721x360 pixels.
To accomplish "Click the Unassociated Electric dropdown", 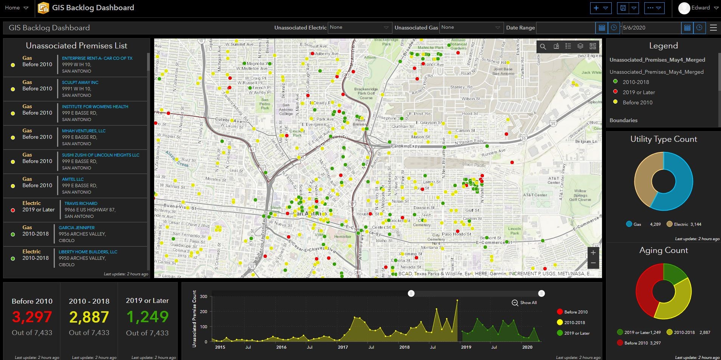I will (359, 28).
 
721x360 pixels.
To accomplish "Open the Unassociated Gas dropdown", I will (471, 28).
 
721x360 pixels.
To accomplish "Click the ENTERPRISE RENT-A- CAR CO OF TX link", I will (97, 58).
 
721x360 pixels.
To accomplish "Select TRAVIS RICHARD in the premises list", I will (81, 203).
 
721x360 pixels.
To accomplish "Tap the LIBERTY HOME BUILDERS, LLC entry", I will (88, 252).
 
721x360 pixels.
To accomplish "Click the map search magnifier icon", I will (543, 47).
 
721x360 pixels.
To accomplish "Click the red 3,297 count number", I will (32, 317).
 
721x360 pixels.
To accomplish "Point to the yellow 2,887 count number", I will (89, 317).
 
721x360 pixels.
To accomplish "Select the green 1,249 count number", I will (147, 317).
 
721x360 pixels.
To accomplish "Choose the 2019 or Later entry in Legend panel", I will (639, 92).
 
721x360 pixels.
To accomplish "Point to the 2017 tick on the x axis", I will (343, 347).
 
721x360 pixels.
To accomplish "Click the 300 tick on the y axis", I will (203, 296).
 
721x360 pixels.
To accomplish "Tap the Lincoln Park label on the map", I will (515, 231).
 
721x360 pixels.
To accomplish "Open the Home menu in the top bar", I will (16, 8).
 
